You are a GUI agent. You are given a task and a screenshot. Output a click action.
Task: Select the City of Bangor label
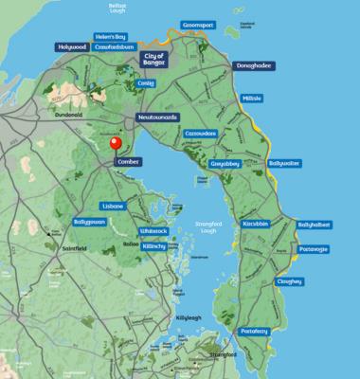point(153,60)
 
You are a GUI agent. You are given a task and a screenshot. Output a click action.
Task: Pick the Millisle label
point(253,98)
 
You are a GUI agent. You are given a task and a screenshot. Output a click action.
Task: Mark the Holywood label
point(71,45)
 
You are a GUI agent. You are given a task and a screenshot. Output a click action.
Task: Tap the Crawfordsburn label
point(117,45)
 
